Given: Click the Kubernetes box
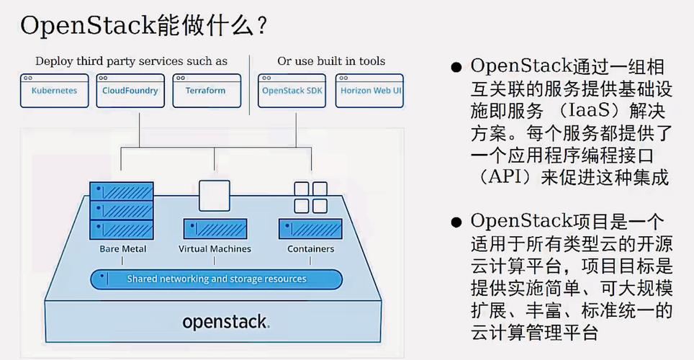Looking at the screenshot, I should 54,91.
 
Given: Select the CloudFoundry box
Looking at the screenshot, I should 130,91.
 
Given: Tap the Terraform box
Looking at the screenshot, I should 206,91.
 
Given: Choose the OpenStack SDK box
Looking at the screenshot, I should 292,91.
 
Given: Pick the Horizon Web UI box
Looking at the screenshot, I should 370,91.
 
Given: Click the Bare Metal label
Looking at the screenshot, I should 122,249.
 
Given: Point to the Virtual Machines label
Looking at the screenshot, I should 215,249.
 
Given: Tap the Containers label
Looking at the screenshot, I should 310,249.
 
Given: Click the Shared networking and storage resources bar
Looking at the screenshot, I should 216,279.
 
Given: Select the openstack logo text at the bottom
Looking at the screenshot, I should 225,322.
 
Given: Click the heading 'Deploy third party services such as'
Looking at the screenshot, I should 131,61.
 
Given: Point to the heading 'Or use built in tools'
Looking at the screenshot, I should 331,61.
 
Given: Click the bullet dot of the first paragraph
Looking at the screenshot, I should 456,68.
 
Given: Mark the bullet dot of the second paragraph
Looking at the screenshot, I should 456,222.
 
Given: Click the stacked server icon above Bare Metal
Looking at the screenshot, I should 122,210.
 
